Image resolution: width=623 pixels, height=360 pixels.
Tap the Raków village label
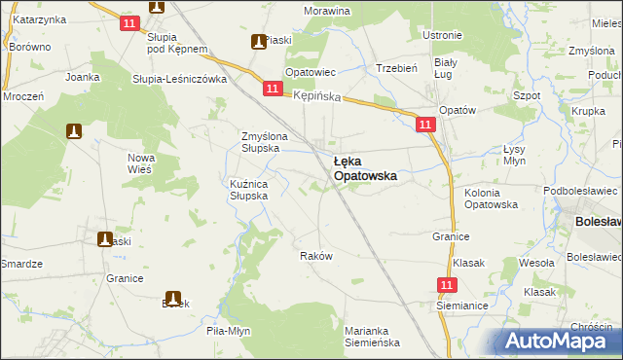316,256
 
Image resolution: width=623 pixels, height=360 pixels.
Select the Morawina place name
326,11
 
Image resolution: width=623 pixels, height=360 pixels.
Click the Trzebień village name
396,68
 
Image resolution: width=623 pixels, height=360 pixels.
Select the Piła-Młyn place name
229,331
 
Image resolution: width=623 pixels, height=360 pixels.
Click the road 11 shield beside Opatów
425,125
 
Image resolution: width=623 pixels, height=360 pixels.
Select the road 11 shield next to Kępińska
273,90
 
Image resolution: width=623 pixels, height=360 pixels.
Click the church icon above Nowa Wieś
73,130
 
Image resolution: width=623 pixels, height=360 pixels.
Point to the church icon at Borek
173,300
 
